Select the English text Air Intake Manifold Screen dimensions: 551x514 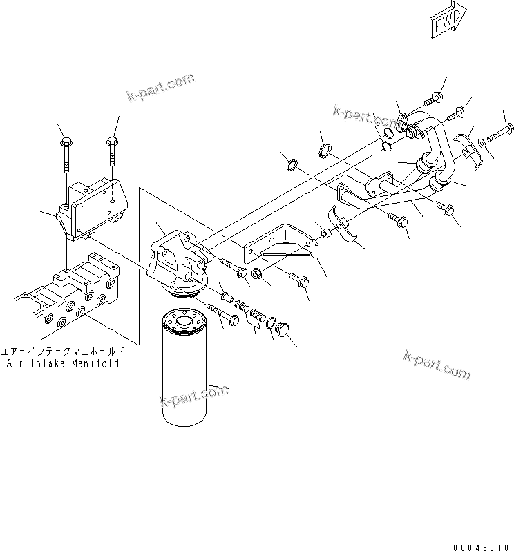[x=61, y=362]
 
